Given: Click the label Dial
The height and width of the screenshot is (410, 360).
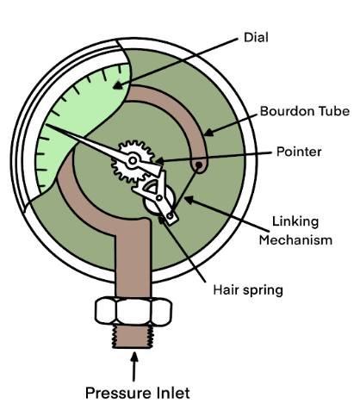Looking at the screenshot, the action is pyautogui.click(x=256, y=38).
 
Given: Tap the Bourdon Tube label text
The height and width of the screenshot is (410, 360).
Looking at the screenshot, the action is pyautogui.click(x=305, y=111).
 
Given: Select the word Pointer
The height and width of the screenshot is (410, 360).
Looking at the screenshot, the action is pyautogui.click(x=299, y=152).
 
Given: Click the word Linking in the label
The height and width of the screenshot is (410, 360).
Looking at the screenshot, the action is pyautogui.click(x=295, y=222).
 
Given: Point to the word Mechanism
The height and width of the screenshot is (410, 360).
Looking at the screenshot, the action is pyautogui.click(x=295, y=239).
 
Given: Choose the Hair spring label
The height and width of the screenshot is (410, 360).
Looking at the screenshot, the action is pyautogui.click(x=248, y=290).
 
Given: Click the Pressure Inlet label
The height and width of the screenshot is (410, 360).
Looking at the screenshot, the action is pyautogui.click(x=137, y=393).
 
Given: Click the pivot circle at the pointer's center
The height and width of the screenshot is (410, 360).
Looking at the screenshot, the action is pyautogui.click(x=133, y=160).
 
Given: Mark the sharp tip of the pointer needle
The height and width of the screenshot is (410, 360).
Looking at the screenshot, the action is pyautogui.click(x=46, y=124).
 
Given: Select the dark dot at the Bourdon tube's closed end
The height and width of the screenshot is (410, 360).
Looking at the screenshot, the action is pyautogui.click(x=198, y=165).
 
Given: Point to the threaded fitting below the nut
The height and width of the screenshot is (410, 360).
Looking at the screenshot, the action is pyautogui.click(x=133, y=336).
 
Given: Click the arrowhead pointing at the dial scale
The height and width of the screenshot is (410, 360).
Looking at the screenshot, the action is pyautogui.click(x=118, y=85).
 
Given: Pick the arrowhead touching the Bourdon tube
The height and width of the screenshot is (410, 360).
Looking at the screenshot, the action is pyautogui.click(x=208, y=133).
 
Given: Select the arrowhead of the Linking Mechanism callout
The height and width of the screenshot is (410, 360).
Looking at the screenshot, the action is pyautogui.click(x=189, y=199).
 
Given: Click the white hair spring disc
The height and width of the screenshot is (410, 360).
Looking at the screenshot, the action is pyautogui.click(x=158, y=200).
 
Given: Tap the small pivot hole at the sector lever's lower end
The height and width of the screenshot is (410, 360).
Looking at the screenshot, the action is pyautogui.click(x=171, y=215).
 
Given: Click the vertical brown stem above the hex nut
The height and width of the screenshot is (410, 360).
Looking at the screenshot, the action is pyautogui.click(x=133, y=258).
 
